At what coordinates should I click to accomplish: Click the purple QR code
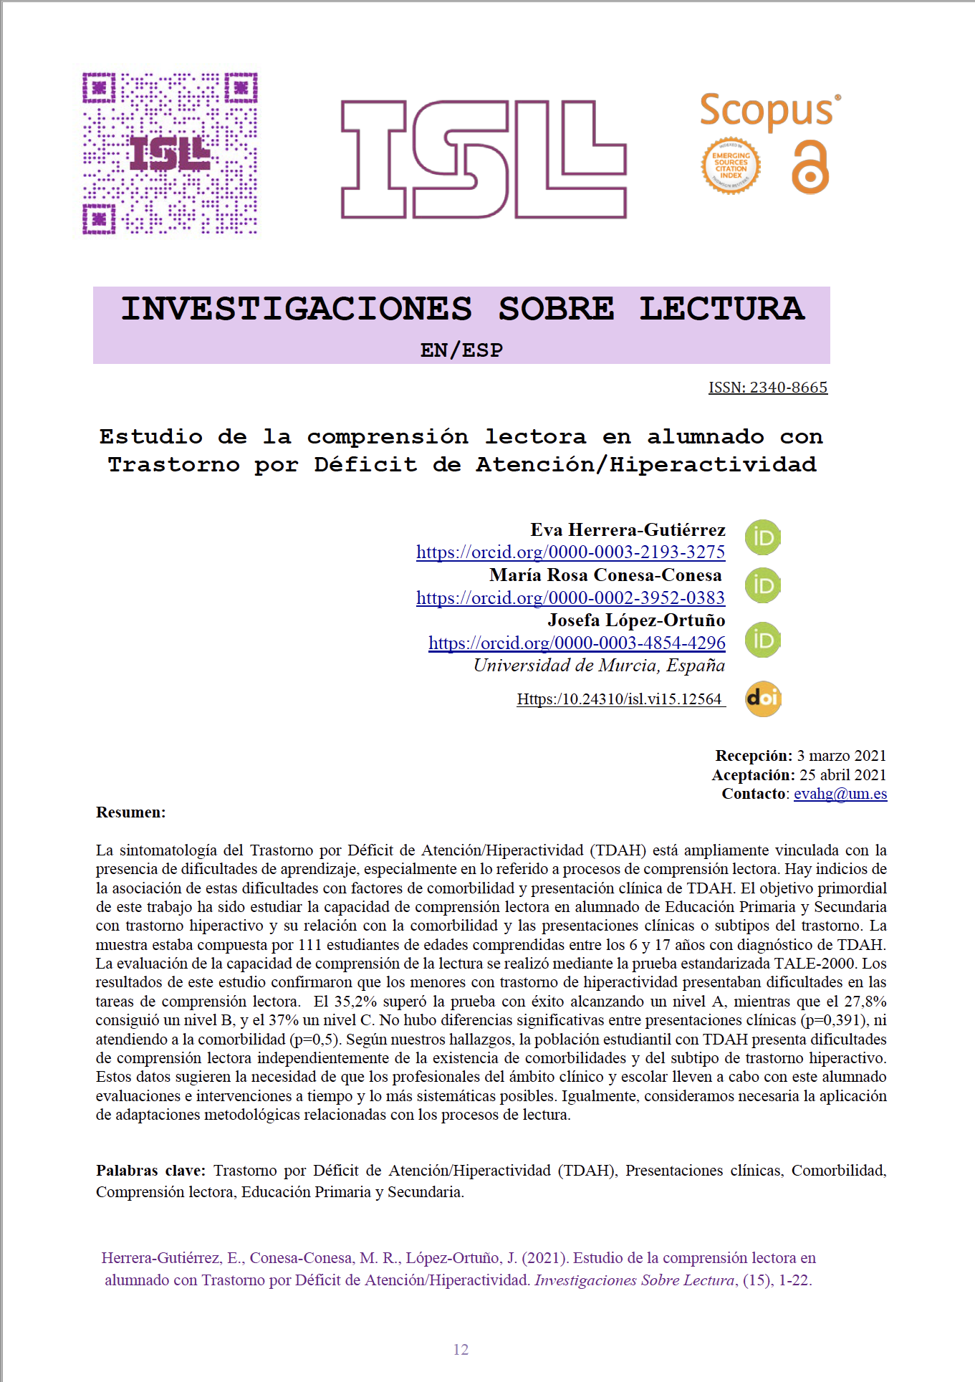point(170,153)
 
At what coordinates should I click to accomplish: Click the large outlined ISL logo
point(484,159)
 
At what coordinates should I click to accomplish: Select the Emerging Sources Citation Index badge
point(731,165)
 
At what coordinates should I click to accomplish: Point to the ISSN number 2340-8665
point(768,388)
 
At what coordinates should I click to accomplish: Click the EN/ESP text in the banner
point(461,350)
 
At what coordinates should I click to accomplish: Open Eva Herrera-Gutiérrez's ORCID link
point(570,552)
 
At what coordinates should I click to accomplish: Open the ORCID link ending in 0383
point(570,598)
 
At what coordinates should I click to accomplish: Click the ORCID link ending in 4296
point(577,643)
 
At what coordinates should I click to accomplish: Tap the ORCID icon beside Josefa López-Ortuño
point(763,640)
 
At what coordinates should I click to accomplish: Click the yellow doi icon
point(763,699)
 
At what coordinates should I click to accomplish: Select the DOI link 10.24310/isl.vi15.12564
point(620,699)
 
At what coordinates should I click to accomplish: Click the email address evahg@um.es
point(840,794)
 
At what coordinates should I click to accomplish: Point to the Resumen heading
point(131,812)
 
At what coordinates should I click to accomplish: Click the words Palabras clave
point(150,1171)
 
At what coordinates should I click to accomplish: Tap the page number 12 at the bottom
point(461,1350)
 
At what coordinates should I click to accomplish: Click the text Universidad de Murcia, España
point(599,666)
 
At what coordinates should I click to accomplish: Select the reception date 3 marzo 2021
point(841,756)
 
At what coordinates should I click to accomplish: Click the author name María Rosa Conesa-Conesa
point(605,575)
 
